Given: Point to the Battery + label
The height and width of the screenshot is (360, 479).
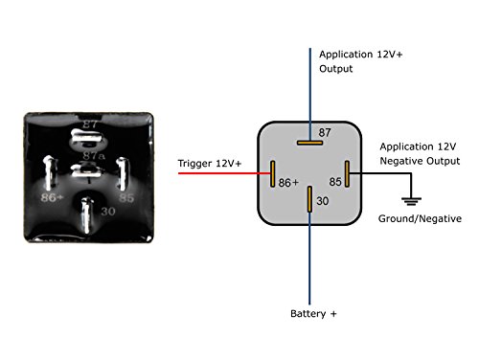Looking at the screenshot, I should pos(313,314).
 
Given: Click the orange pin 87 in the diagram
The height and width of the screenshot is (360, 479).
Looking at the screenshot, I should pos(308,144).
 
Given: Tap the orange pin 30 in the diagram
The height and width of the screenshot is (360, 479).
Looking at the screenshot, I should pos(308,199).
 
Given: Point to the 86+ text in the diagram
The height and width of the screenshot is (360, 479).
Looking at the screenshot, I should pos(288,182).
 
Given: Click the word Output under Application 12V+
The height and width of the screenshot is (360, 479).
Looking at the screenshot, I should pos(336,69).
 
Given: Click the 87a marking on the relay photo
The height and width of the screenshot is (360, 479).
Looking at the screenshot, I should pos(94,155).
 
